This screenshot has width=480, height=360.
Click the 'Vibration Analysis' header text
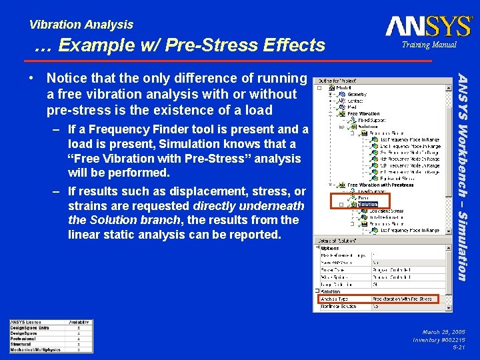tap(81, 25)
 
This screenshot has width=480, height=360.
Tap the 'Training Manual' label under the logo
tap(429, 45)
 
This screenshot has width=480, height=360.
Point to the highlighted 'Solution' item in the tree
tap(367, 204)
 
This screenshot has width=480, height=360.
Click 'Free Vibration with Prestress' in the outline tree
tap(380, 185)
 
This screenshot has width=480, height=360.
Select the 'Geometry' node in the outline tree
tap(356, 95)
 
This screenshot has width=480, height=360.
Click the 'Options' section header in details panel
tap(330, 248)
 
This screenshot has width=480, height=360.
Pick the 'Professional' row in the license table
tap(23, 338)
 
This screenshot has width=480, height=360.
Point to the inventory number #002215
tap(440, 339)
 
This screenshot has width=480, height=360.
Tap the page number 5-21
tap(459, 347)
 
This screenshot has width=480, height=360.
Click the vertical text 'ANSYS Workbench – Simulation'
tap(461, 176)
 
